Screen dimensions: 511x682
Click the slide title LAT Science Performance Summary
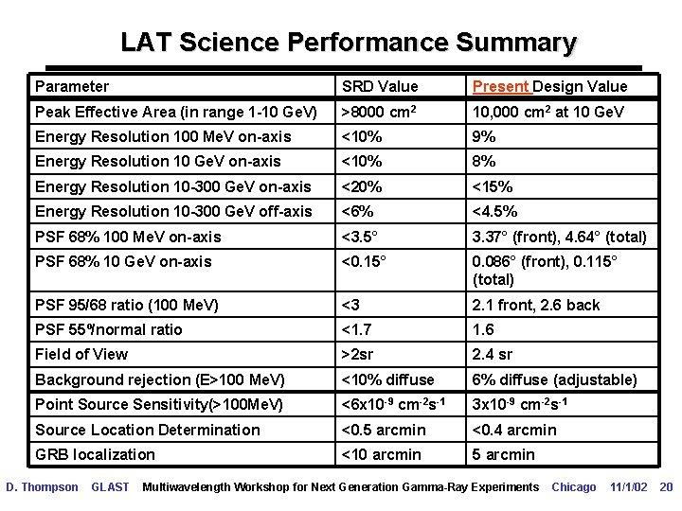349,43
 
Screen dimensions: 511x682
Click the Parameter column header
72,86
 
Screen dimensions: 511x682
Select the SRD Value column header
379,86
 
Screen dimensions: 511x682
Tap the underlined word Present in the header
500,86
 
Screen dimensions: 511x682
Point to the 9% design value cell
484,136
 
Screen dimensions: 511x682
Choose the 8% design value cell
484,161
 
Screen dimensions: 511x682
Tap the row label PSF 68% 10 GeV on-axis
123,261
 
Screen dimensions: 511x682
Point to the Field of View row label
81,354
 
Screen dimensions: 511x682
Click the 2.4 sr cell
493,354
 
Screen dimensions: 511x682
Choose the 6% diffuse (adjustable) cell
553,379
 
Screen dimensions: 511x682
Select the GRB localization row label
95,454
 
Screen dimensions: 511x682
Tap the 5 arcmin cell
503,454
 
